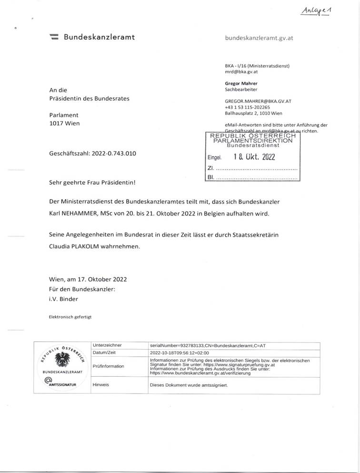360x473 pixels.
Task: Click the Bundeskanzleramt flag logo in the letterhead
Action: click(54, 37)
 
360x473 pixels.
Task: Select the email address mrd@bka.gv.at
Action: click(241, 71)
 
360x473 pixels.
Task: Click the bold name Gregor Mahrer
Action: click(241, 83)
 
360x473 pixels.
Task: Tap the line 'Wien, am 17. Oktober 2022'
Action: click(88, 279)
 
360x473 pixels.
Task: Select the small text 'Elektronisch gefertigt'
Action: click(70, 316)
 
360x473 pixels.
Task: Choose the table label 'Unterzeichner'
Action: click(108, 344)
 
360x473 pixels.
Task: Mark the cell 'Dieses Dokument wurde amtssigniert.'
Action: click(189, 384)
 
